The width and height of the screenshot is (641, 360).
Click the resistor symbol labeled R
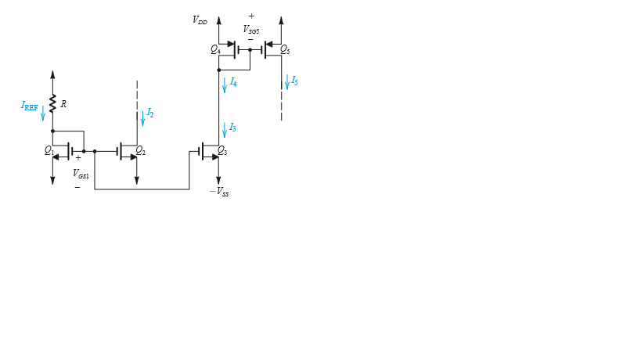(52, 104)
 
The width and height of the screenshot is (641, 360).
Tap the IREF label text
(29, 106)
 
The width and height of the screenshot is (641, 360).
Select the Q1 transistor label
(49, 149)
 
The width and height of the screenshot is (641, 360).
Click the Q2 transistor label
(140, 149)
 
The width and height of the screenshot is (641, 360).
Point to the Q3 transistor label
(221, 149)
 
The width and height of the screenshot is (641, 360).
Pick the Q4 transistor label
(214, 49)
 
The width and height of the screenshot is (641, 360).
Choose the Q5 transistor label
(285, 50)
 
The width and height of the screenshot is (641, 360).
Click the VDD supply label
(200, 20)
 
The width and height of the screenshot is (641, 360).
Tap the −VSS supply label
(219, 192)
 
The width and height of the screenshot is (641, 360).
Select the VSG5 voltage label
(251, 29)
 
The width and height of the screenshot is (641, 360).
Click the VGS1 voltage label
(81, 174)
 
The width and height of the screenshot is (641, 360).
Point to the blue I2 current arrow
(142, 118)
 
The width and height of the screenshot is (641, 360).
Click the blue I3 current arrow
(224, 129)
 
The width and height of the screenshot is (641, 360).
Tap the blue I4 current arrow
(224, 85)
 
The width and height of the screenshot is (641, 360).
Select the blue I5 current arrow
(286, 81)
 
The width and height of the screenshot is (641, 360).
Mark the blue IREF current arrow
(43, 112)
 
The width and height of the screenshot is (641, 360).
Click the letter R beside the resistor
(63, 104)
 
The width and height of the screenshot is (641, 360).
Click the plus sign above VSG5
(251, 16)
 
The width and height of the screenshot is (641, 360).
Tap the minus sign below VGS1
(77, 187)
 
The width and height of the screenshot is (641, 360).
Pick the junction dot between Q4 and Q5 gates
(250, 50)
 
